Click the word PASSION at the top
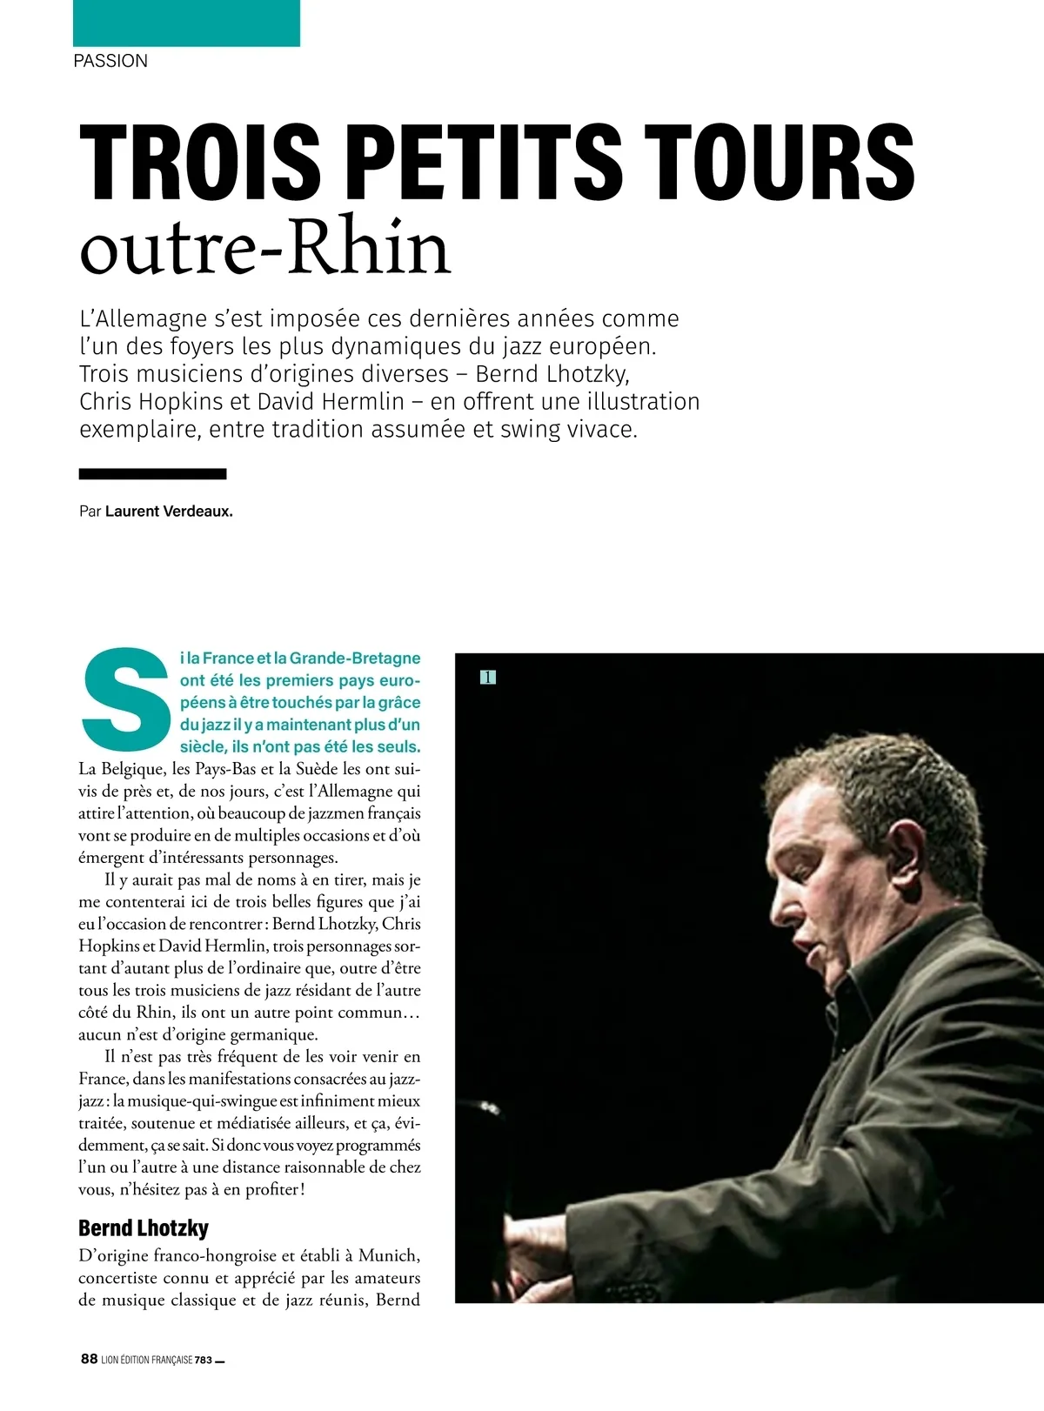(x=110, y=61)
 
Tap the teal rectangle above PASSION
(x=186, y=23)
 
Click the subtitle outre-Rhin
(x=264, y=249)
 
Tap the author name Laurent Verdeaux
(x=169, y=512)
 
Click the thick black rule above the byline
(x=152, y=474)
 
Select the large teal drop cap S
(x=124, y=701)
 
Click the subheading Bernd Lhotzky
(x=144, y=1228)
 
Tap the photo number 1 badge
(x=488, y=677)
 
